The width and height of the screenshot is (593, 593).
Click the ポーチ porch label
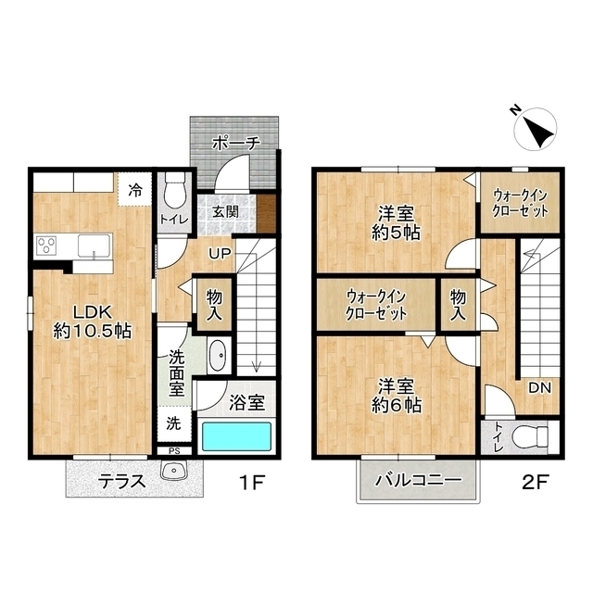(236, 144)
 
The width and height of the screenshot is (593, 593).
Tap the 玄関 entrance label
(225, 211)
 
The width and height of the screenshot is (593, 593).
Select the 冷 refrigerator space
(135, 189)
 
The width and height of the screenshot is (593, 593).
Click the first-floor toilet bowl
(175, 192)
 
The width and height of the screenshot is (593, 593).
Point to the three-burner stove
(46, 245)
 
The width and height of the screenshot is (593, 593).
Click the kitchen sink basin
(95, 246)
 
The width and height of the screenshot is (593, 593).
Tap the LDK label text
(93, 313)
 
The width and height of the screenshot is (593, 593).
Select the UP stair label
(221, 253)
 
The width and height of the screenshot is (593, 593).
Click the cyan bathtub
(236, 436)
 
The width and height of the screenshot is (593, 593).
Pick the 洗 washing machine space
(174, 423)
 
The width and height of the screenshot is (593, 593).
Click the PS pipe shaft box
(174, 451)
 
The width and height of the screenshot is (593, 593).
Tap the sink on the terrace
(174, 470)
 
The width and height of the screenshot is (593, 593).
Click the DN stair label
(539, 387)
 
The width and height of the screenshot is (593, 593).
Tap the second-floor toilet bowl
(529, 436)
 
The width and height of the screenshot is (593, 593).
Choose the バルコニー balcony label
(419, 481)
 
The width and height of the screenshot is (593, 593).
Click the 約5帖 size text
(396, 233)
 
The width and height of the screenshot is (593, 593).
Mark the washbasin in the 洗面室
(218, 356)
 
